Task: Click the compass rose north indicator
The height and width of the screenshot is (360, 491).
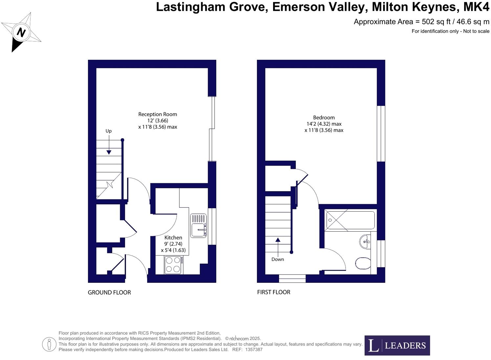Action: pyautogui.click(x=21, y=32)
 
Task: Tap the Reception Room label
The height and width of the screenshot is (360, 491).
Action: pyautogui.click(x=158, y=114)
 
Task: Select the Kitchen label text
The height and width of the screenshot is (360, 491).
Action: pyautogui.click(x=173, y=237)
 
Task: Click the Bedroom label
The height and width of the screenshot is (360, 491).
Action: pyautogui.click(x=324, y=118)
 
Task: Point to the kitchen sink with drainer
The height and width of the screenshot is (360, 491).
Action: pyautogui.click(x=199, y=225)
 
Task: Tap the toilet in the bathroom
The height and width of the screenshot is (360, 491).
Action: pyautogui.click(x=363, y=263)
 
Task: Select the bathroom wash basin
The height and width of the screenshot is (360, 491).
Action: pyautogui.click(x=365, y=242)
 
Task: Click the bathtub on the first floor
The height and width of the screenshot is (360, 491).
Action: pyautogui.click(x=350, y=220)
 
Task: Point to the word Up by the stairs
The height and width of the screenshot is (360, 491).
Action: pyautogui.click(x=108, y=131)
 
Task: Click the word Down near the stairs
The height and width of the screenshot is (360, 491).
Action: pyautogui.click(x=278, y=259)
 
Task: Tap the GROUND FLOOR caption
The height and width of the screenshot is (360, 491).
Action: pyautogui.click(x=109, y=292)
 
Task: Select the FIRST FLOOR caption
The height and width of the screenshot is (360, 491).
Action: pyautogui.click(x=274, y=292)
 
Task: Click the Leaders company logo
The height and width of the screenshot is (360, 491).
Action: pyautogui.click(x=397, y=345)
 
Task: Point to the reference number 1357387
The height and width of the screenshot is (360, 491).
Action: pyautogui.click(x=254, y=350)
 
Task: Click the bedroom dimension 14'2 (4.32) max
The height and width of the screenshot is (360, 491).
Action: pyautogui.click(x=324, y=124)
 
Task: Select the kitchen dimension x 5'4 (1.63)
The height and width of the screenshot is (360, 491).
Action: pyautogui.click(x=173, y=250)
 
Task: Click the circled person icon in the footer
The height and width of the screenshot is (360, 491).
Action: pyautogui.click(x=49, y=345)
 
